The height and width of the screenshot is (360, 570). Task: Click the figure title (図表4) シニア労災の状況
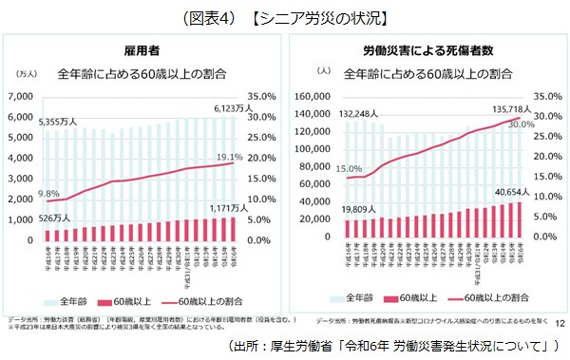click(x=285, y=14)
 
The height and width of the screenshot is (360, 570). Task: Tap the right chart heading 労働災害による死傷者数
click(x=424, y=48)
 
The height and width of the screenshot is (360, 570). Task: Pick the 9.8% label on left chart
click(x=48, y=193)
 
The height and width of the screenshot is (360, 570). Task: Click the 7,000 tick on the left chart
click(x=19, y=97)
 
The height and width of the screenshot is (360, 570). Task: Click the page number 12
click(x=558, y=325)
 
